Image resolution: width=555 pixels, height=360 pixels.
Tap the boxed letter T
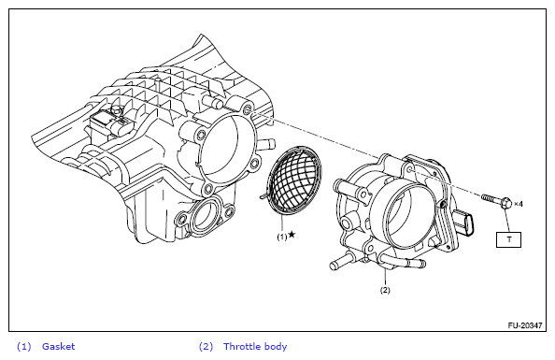click(508, 239)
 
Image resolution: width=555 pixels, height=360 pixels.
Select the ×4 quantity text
click(519, 204)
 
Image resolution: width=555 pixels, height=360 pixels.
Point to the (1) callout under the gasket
click(282, 238)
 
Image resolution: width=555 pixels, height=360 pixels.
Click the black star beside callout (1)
click(292, 234)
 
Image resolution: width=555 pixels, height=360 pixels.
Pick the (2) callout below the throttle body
click(385, 290)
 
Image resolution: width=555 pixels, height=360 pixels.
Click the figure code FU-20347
click(525, 325)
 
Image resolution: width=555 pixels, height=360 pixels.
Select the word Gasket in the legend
click(59, 346)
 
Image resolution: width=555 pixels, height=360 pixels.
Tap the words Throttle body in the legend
click(255, 347)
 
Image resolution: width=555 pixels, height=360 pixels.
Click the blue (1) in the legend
click(24, 347)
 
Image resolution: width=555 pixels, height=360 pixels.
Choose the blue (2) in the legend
click(206, 347)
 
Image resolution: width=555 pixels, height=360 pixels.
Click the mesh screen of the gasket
click(294, 180)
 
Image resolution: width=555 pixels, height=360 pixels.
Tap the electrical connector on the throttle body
click(464, 223)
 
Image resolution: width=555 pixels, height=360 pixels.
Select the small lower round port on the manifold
click(205, 217)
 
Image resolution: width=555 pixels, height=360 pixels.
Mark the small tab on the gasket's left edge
click(263, 195)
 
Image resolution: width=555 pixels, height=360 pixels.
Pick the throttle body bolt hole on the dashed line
click(410, 170)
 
